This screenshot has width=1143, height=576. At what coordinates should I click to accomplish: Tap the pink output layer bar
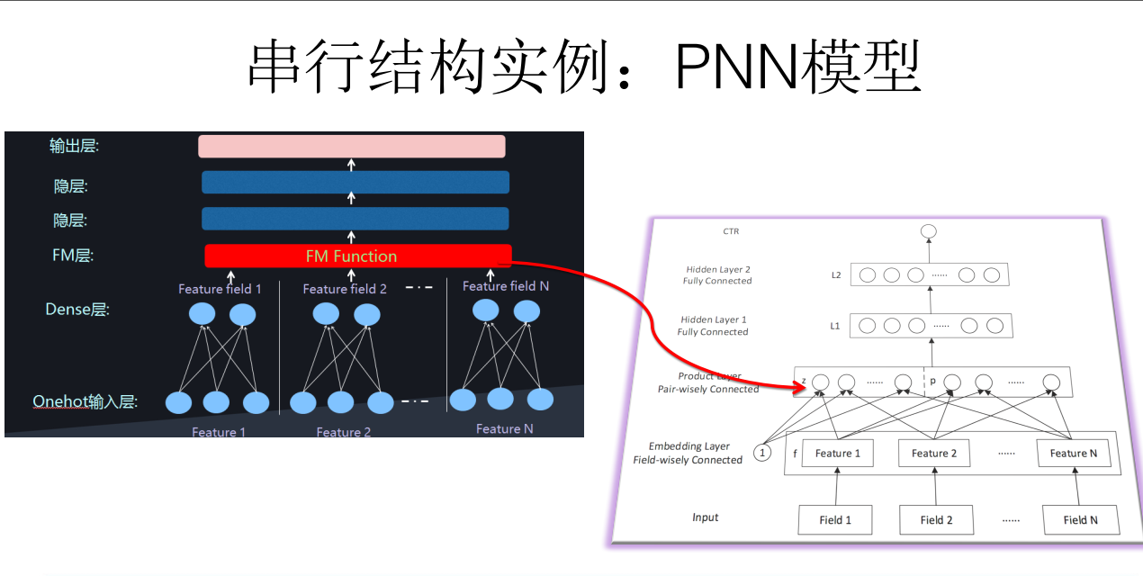(352, 146)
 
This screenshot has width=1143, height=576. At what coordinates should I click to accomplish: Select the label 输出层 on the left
(74, 145)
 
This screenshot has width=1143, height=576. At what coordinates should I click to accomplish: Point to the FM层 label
(73, 256)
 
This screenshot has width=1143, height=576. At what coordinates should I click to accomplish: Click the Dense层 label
(77, 310)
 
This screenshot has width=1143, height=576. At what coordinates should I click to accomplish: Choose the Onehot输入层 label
(85, 401)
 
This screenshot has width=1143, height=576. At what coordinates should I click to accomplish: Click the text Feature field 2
(345, 289)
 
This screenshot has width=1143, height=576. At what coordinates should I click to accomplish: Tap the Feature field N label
(506, 286)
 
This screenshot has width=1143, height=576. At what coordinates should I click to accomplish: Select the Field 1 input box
(835, 519)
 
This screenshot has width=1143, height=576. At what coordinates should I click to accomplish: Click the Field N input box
(1080, 519)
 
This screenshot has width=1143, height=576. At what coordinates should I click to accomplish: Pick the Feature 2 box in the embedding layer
(934, 453)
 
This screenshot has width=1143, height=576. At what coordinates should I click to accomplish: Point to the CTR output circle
(929, 231)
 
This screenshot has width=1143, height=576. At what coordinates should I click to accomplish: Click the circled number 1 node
(762, 453)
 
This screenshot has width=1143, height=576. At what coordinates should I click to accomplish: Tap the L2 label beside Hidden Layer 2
(835, 274)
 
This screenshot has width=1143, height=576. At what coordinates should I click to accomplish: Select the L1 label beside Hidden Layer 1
(834, 326)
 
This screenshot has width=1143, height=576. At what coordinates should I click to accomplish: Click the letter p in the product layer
(932, 381)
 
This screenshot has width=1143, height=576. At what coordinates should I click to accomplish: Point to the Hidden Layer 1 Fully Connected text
(713, 326)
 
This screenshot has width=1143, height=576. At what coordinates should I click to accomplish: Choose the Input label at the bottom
(706, 517)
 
